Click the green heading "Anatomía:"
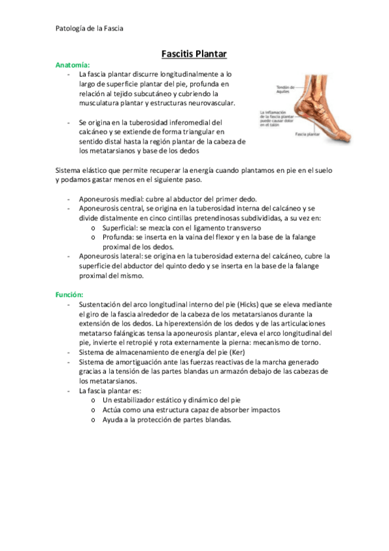[x=73, y=66]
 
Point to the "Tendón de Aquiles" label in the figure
[x=285, y=90]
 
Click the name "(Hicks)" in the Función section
[x=250, y=304]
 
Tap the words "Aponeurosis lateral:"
[x=108, y=256]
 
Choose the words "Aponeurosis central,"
[x=109, y=209]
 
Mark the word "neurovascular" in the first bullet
[x=212, y=103]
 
